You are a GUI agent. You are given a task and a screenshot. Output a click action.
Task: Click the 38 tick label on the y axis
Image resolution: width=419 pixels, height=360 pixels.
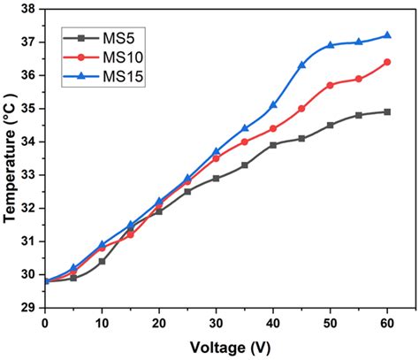(x=28, y=9)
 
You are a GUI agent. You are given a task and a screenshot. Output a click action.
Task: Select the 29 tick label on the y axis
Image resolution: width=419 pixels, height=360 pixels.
(x=28, y=308)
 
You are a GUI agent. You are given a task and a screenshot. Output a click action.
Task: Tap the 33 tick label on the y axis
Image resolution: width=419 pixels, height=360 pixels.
(x=28, y=175)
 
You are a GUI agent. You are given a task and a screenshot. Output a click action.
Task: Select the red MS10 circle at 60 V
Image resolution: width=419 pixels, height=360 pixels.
(x=387, y=62)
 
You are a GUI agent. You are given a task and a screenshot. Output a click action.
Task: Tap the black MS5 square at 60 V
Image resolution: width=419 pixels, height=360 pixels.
(x=387, y=111)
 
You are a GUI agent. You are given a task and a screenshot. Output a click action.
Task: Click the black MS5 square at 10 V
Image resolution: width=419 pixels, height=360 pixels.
(x=102, y=261)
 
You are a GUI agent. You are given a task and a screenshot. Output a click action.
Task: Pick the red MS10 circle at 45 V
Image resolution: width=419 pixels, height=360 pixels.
(x=301, y=108)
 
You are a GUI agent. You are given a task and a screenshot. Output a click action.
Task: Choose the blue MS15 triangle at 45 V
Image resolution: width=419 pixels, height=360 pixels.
(x=301, y=65)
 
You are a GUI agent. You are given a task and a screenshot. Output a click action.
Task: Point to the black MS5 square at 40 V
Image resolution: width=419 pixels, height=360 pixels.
(x=273, y=145)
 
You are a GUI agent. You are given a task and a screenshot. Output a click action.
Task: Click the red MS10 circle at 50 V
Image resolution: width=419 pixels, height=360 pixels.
(x=331, y=85)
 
